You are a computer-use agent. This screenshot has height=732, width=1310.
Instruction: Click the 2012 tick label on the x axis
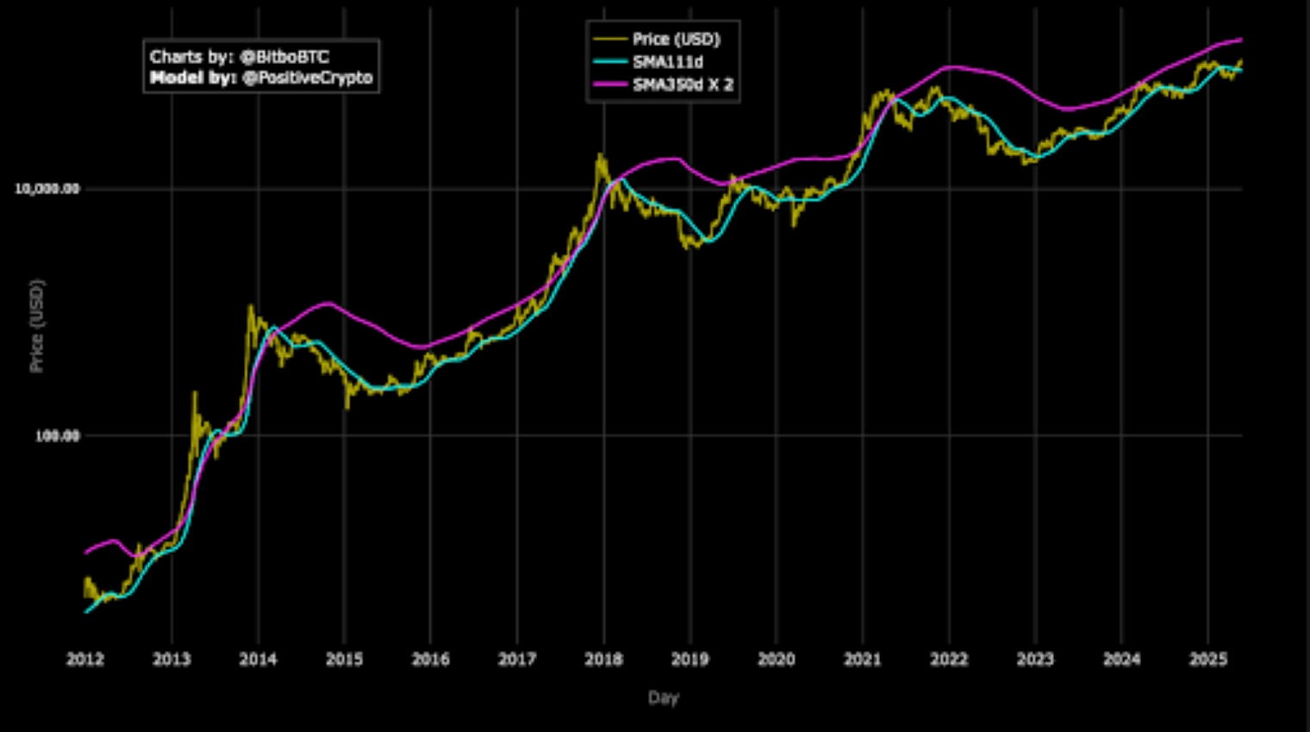click(x=85, y=660)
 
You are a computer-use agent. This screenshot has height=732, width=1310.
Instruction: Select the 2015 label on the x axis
click(x=344, y=660)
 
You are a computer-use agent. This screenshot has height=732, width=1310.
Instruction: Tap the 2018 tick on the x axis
click(x=603, y=660)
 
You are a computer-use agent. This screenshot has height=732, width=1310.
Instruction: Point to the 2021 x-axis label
click(x=862, y=660)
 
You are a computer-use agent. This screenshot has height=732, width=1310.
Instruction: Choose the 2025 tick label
click(x=1207, y=660)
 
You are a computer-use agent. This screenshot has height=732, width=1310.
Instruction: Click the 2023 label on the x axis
click(x=1035, y=660)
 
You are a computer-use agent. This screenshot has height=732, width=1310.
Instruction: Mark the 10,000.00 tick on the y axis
click(x=47, y=189)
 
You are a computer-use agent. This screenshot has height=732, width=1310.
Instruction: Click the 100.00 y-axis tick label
click(x=57, y=436)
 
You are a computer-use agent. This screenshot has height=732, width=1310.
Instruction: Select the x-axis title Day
click(x=664, y=698)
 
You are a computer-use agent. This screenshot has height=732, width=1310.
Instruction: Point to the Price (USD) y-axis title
click(x=37, y=326)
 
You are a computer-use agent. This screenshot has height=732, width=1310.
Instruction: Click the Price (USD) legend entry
click(x=676, y=39)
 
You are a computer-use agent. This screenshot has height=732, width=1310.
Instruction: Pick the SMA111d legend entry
click(x=667, y=62)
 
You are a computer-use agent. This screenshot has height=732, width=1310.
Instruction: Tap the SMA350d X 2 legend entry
click(x=683, y=84)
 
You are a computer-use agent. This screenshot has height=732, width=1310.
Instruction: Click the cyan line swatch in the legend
click(x=610, y=61)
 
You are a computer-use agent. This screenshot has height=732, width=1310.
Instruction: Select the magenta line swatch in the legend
click(x=610, y=84)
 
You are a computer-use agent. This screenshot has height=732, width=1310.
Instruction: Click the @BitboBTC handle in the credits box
click(x=284, y=57)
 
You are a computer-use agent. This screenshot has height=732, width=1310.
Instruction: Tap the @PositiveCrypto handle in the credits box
click(x=308, y=78)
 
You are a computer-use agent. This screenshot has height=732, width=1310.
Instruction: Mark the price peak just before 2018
click(x=600, y=155)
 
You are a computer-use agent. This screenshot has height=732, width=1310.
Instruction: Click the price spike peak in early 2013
click(x=194, y=393)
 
